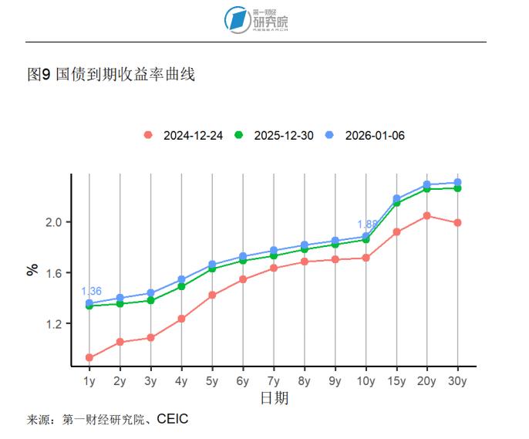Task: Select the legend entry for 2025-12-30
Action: click(275, 135)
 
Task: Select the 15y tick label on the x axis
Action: click(396, 381)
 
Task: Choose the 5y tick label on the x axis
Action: click(212, 381)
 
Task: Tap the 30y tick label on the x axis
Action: click(457, 381)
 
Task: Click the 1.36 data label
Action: click(91, 292)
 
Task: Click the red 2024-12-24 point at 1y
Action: click(89, 357)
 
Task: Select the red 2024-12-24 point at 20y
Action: click(427, 216)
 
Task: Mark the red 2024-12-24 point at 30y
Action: click(457, 223)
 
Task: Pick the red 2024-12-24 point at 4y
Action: click(181, 319)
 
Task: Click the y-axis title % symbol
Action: click(32, 270)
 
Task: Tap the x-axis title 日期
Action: click(274, 399)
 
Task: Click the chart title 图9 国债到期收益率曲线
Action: click(111, 75)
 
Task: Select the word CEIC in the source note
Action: click(173, 420)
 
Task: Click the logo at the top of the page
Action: click(257, 20)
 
